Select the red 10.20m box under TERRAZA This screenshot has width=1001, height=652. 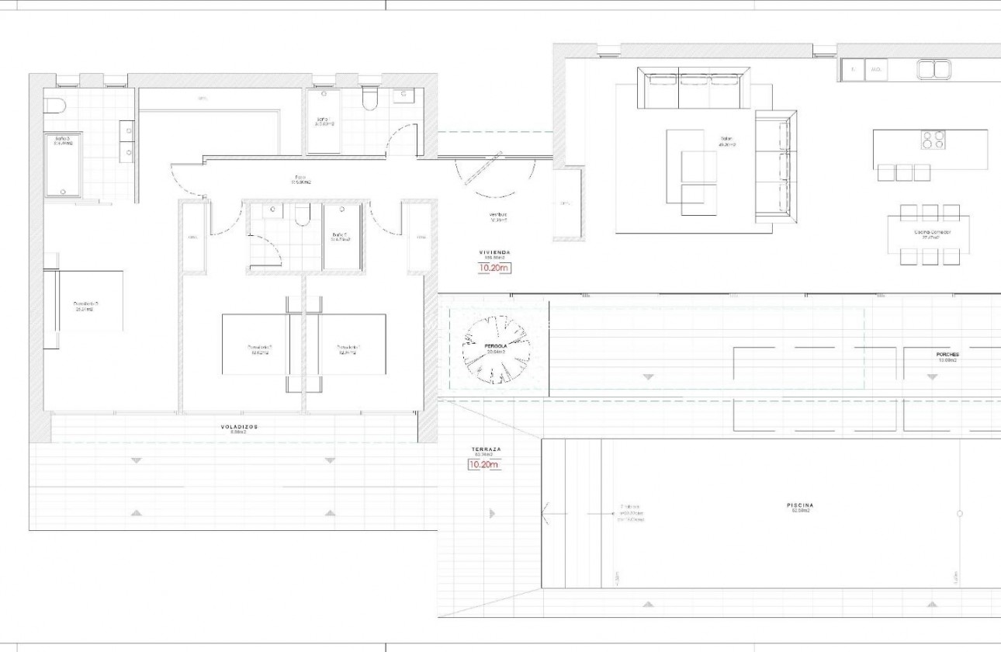[483, 466]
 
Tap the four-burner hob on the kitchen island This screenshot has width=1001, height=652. [933, 140]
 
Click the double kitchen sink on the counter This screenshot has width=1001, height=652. [933, 70]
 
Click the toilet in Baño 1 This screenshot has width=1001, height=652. [370, 99]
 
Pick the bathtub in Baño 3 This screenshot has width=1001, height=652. [64, 165]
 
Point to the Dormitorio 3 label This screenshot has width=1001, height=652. [85, 304]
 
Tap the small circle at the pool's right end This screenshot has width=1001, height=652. [960, 514]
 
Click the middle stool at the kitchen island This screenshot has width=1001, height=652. [904, 173]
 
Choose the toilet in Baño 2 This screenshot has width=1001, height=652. [303, 214]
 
